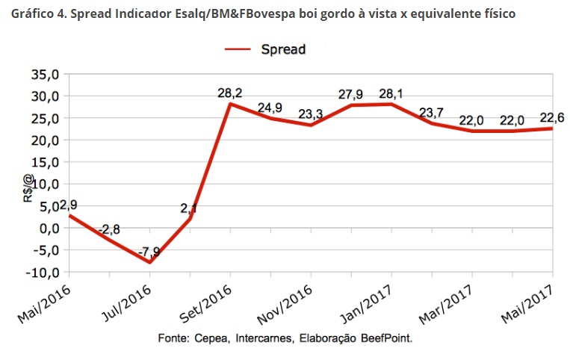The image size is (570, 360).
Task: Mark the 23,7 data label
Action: [x=432, y=112]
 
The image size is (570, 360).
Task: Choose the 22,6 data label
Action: [x=552, y=117]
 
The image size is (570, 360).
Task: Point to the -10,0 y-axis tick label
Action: [x=43, y=272]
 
